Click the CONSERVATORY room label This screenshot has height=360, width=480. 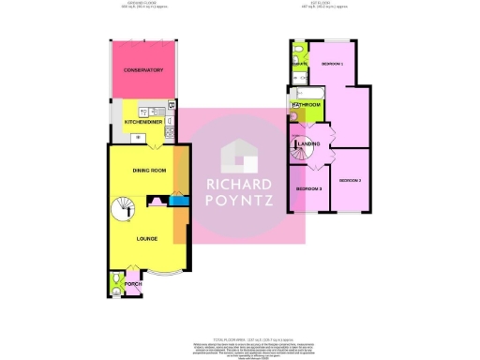142,70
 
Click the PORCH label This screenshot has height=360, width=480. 146,284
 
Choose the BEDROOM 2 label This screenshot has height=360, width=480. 350,179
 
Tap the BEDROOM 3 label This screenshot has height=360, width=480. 308,190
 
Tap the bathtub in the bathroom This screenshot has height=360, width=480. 306,93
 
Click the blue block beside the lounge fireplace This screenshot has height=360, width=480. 174,201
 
